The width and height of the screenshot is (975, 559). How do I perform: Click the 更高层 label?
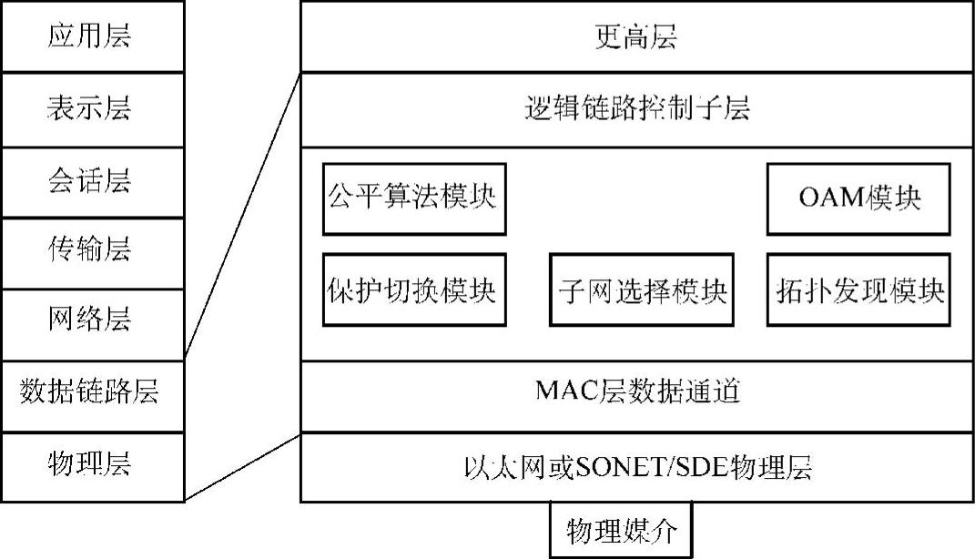coord(635,38)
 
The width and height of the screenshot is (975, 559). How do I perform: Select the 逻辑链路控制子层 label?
coord(637,110)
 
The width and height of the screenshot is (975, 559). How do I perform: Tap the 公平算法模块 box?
coord(413,198)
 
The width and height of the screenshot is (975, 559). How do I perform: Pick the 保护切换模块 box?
coord(413,290)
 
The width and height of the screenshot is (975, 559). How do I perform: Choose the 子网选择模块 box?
coord(641,290)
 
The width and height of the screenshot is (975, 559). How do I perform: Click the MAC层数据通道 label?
coord(636,392)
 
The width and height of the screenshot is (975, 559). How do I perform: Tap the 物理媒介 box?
coord(622,531)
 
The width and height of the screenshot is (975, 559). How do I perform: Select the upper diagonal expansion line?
coord(243,218)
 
